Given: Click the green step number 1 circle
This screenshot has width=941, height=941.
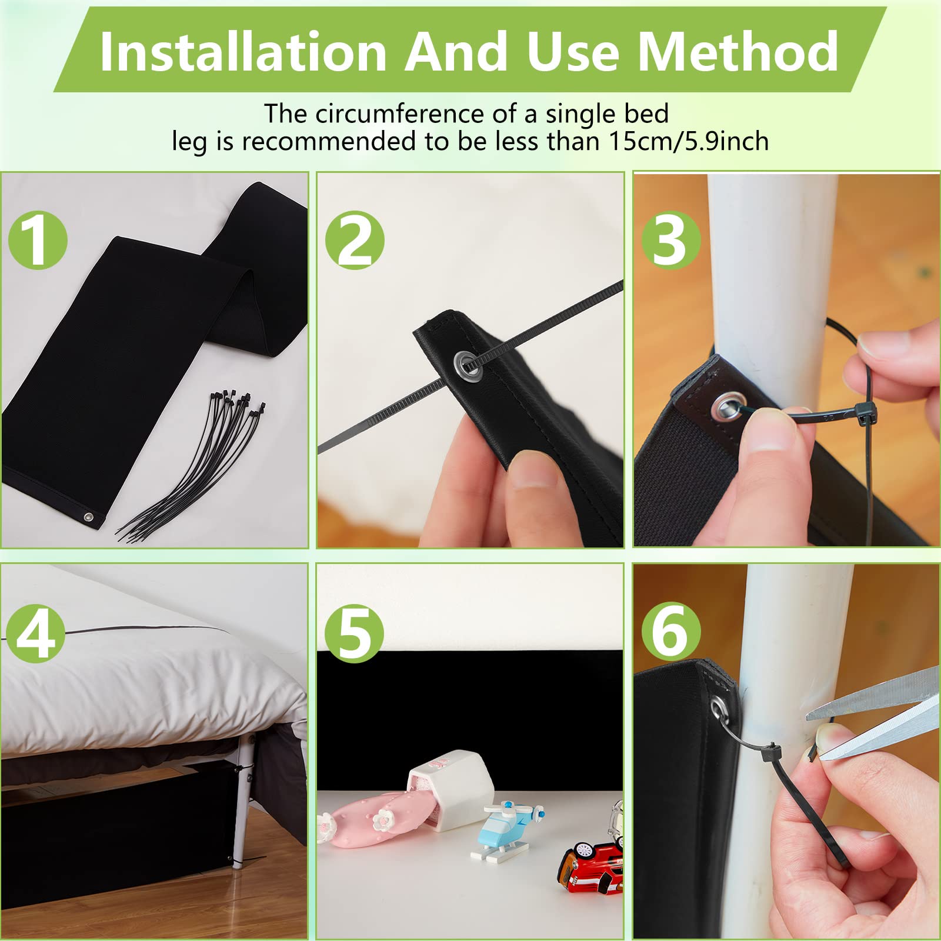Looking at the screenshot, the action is coord(38,240).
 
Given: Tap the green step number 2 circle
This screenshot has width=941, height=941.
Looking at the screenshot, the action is coord(355,240).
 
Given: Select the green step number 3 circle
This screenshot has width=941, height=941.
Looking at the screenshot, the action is coord(671,240).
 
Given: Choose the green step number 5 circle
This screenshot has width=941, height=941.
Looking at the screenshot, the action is coord(354,633).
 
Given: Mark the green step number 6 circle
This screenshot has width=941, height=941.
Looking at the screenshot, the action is coord(671,633).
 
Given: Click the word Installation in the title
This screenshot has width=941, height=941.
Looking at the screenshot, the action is coord(243,52).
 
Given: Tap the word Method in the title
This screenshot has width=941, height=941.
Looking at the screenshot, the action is coord(738,52).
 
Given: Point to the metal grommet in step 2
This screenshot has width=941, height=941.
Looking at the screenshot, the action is coord(467,363).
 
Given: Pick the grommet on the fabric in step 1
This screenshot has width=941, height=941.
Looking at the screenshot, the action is coord(88,518).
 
